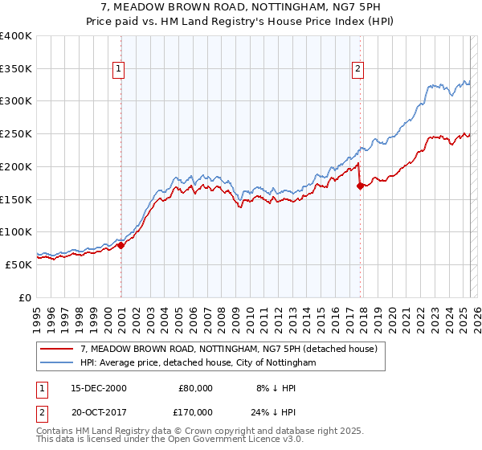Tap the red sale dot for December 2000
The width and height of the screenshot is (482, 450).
121,245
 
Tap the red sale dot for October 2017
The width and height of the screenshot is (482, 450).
360,186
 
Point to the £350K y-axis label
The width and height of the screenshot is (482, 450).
15,69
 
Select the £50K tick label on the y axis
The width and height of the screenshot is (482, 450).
18,264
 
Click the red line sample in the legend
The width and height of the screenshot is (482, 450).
57,349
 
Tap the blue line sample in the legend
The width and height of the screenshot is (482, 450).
57,362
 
